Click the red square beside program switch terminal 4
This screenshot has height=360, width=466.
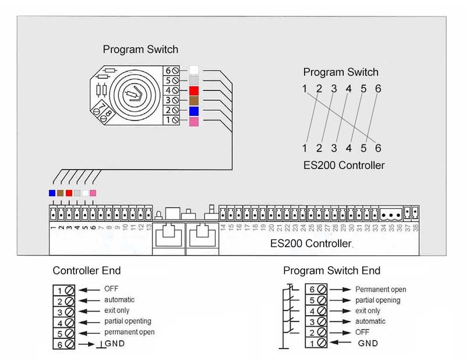(194, 90)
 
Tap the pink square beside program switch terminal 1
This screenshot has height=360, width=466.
(194, 121)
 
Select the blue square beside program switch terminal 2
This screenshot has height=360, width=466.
(194, 111)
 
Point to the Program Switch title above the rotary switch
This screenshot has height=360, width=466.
(140, 50)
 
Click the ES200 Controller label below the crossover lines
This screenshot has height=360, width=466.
(344, 165)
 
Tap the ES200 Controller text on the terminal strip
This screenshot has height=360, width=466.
(311, 243)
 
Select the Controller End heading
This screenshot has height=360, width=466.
(87, 270)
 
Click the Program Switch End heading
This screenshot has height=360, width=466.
(331, 270)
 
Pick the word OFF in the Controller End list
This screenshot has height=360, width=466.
(111, 288)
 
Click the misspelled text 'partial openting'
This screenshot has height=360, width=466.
(128, 321)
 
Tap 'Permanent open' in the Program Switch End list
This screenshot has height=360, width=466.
(380, 289)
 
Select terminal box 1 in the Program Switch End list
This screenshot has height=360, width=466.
(311, 344)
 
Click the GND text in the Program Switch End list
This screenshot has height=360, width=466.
(368, 344)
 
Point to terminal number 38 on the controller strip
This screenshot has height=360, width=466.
(415, 228)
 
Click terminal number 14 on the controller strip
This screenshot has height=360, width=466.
(223, 228)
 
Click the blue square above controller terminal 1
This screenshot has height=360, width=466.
(52, 193)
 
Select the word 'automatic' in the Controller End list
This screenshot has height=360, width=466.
(119, 299)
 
